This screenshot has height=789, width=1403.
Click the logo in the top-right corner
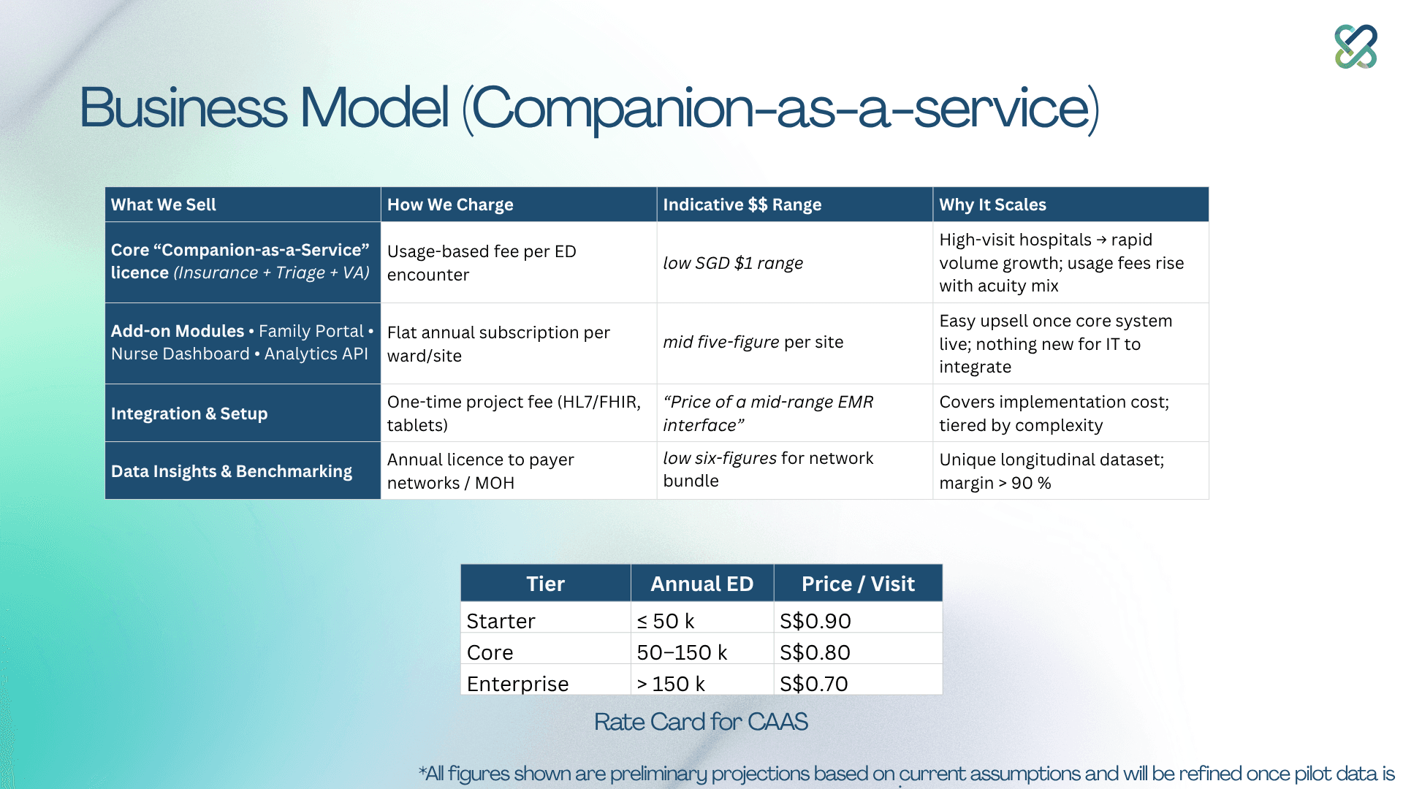tap(1356, 47)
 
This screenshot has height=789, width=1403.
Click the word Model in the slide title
tap(374, 108)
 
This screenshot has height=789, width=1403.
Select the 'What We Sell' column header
tap(164, 205)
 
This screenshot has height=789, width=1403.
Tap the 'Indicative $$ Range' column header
tap(742, 205)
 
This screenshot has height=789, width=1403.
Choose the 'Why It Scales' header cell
tap(992, 205)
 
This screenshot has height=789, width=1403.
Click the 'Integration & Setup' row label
tap(189, 413)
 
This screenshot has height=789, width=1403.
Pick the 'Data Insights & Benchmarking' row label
tap(232, 471)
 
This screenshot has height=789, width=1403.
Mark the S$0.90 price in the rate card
tap(815, 621)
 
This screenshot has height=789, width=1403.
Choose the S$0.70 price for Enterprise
tap(814, 684)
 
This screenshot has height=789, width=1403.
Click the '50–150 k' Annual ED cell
tap(682, 652)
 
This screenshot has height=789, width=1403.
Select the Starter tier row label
tap(501, 621)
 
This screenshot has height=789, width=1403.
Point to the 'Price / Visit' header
tap(858, 584)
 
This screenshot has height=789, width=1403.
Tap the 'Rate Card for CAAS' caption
tap(701, 722)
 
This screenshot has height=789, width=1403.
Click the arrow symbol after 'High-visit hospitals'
tap(1101, 240)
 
